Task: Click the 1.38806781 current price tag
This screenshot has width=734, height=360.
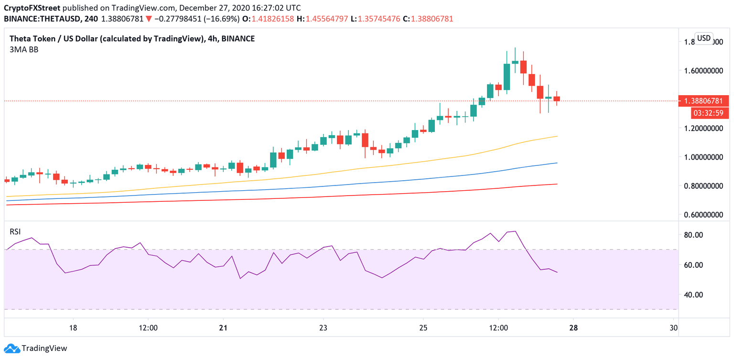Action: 703,101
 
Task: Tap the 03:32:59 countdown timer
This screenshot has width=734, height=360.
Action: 709,113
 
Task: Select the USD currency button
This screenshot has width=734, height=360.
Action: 703,38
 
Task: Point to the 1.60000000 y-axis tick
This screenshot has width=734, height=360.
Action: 702,71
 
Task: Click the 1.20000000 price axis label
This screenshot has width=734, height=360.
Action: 702,128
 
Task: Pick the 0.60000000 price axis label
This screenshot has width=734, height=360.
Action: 702,215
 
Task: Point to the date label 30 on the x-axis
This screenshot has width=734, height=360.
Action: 674,328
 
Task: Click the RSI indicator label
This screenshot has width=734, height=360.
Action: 16,232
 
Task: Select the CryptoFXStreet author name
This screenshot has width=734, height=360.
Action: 32,8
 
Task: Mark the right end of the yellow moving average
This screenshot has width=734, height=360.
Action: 557,136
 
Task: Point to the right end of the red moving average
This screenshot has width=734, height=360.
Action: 557,184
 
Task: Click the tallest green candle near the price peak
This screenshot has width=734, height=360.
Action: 507,77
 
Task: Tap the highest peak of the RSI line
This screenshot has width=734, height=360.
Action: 515,231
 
